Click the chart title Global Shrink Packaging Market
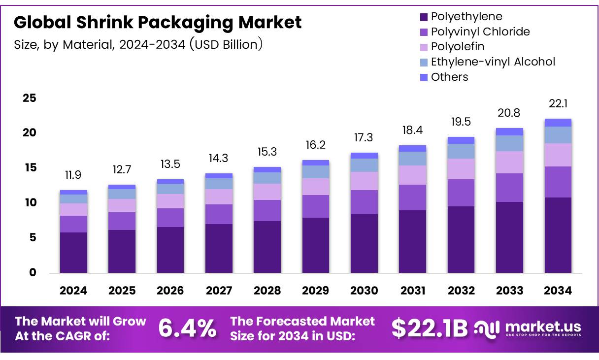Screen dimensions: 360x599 [158, 23]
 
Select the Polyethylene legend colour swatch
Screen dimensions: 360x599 [424, 17]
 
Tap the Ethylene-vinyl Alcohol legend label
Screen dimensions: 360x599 [493, 62]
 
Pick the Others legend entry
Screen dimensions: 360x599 [449, 77]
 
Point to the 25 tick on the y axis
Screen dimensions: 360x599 [30, 98]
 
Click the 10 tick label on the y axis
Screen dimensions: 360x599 [30, 203]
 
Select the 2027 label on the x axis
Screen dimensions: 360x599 [219, 291]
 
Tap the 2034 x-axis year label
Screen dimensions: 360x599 [558, 291]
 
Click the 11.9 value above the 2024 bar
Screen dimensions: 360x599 [73, 175]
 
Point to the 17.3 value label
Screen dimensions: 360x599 [364, 138]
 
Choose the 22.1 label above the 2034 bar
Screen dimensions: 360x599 [558, 104]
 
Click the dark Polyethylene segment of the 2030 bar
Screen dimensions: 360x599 [364, 243]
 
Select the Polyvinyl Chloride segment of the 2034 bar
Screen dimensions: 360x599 [558, 182]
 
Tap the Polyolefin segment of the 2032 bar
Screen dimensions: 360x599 [461, 169]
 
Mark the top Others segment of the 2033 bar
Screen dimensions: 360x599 [509, 131]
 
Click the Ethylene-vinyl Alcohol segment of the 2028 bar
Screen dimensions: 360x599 [267, 178]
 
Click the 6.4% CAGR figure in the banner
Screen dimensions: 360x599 [187, 328]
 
